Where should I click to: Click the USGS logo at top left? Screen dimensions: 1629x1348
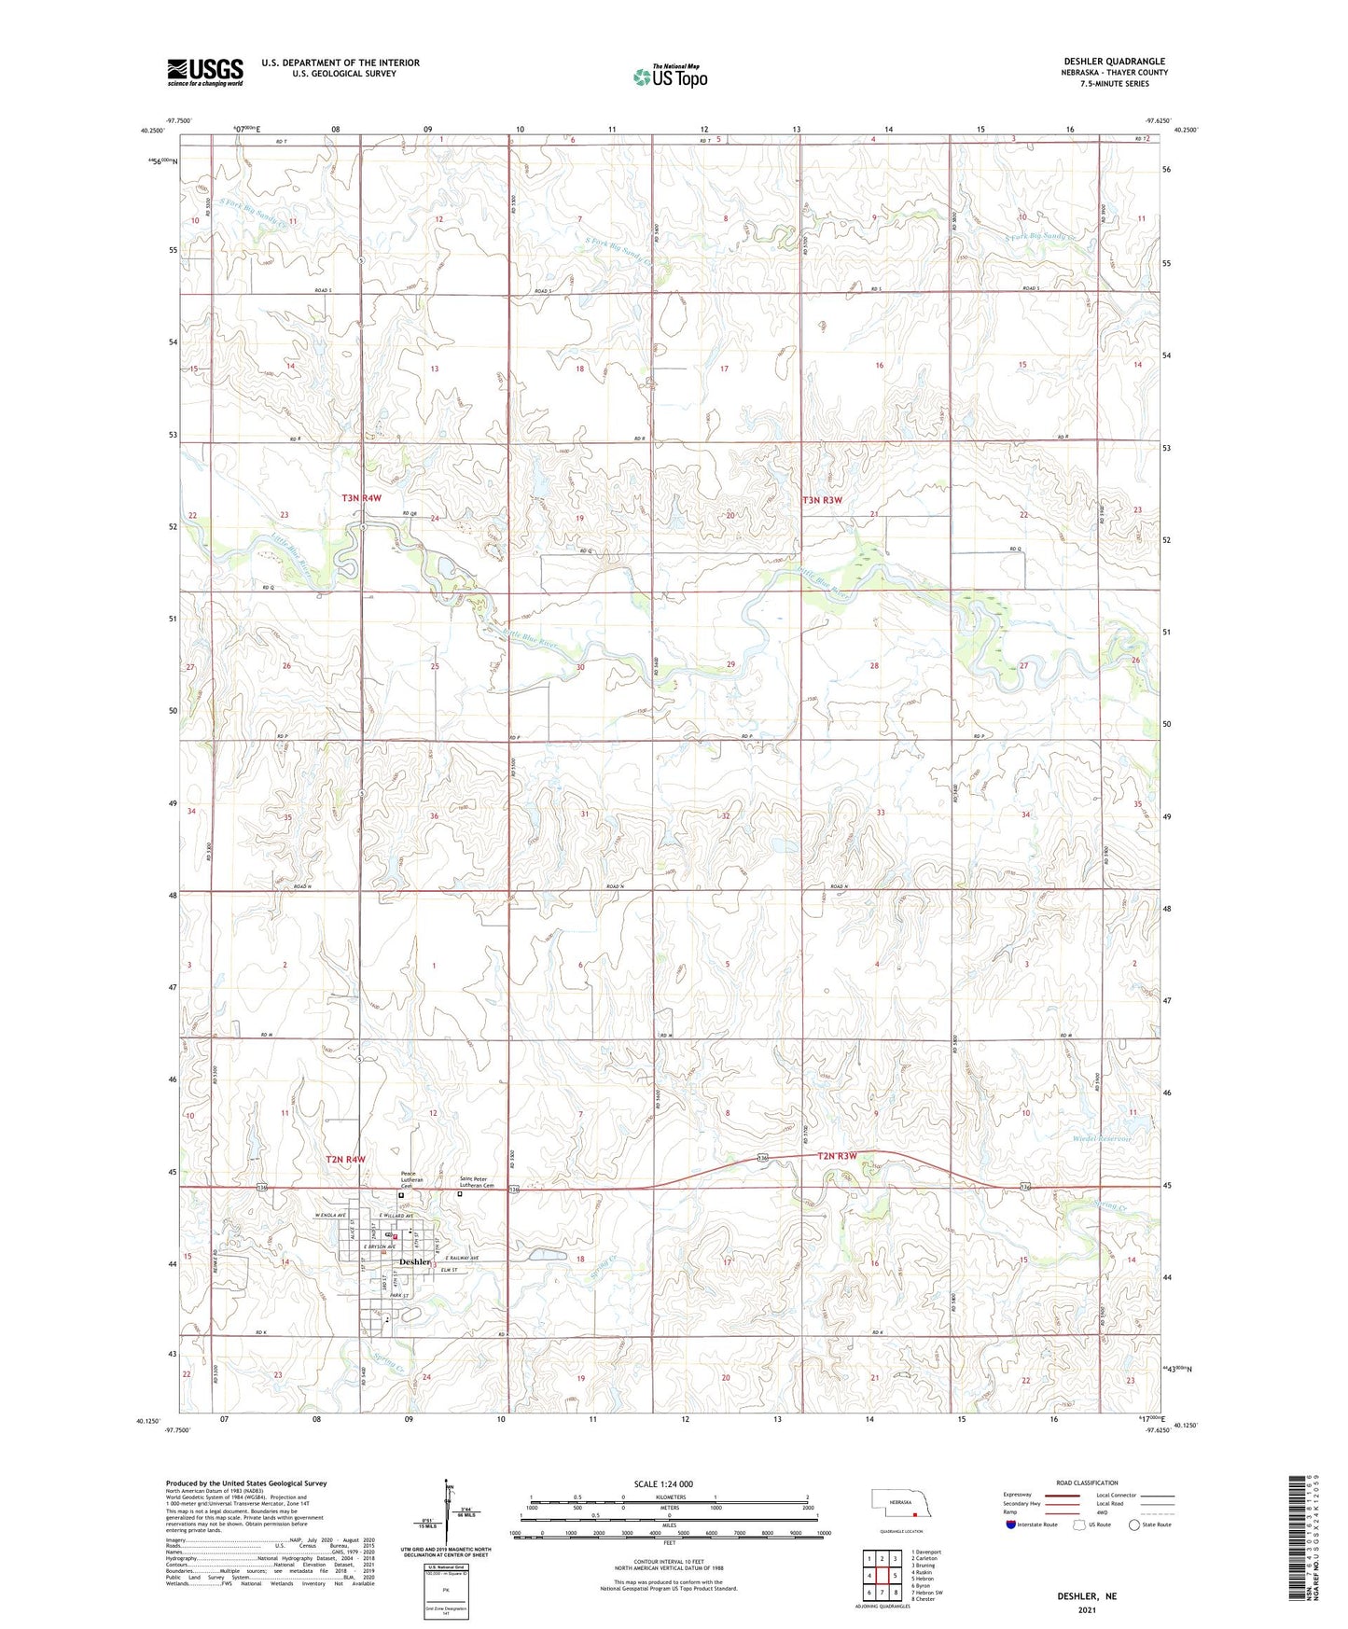tap(204, 71)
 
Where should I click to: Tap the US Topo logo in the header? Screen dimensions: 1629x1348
tap(669, 77)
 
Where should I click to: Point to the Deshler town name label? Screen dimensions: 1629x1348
tap(414, 1261)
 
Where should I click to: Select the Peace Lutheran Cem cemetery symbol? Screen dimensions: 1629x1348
tap(402, 1195)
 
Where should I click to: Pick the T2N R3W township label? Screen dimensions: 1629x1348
tap(836, 1156)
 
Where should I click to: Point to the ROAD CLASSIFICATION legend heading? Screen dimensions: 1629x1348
tap(1087, 1483)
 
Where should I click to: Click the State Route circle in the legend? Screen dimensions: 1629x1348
tap(1134, 1525)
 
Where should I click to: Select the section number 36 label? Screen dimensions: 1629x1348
tap(434, 816)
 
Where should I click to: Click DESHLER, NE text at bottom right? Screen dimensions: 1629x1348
tap(1087, 1596)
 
